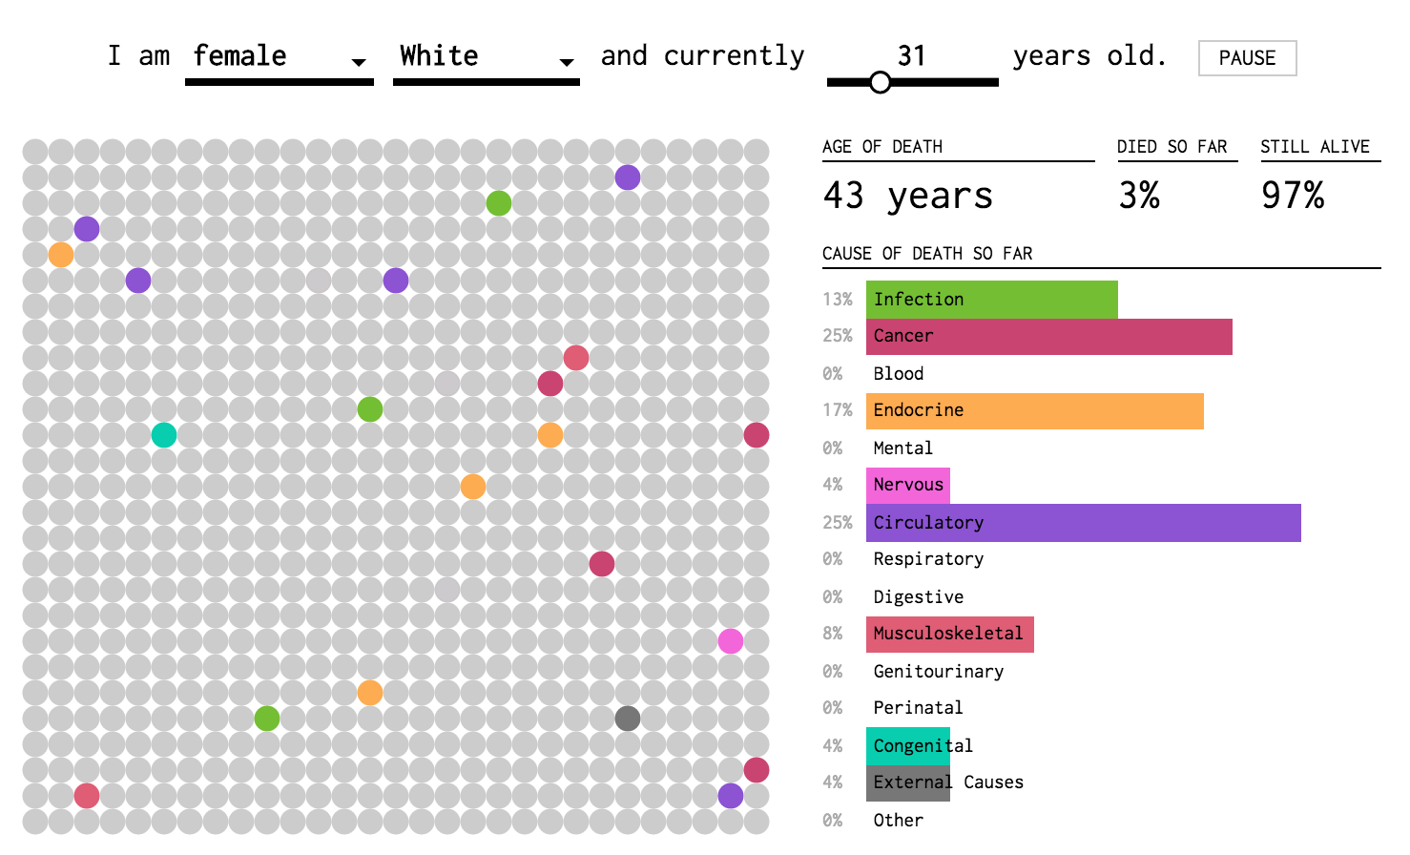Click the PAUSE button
(1247, 58)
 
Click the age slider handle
(880, 82)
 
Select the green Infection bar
(991, 300)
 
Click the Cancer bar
(1048, 337)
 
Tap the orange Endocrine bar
(1034, 411)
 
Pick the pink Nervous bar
(907, 486)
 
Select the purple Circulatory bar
(1084, 523)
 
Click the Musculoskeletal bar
(950, 634)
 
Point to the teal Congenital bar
(907, 746)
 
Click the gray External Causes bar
(907, 783)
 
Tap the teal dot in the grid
(164, 435)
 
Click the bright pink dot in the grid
(730, 641)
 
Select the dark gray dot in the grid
(628, 719)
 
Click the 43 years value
(907, 196)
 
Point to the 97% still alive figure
(1293, 196)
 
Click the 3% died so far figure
(1139, 196)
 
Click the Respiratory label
(928, 559)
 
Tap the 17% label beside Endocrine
(838, 410)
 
